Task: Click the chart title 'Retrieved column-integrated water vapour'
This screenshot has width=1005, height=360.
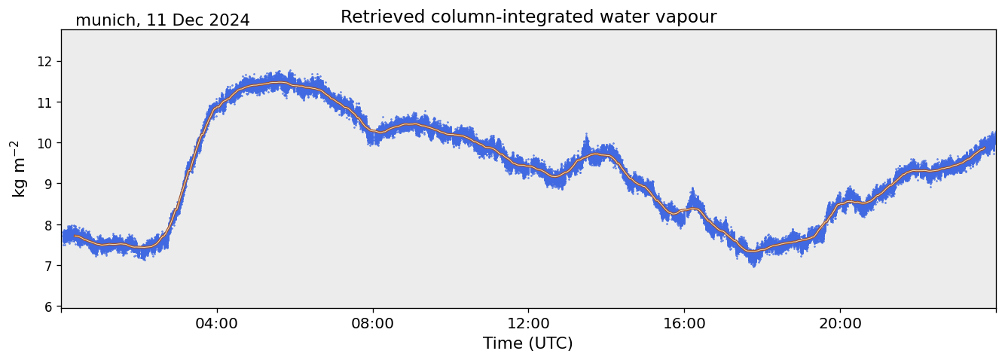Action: click(528, 17)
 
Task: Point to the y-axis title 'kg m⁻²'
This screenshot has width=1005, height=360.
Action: click(18, 169)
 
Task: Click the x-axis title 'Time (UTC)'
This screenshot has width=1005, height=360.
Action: click(528, 343)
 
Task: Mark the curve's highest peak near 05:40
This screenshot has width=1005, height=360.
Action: click(280, 83)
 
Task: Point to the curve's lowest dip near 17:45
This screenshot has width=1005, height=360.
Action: click(752, 252)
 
